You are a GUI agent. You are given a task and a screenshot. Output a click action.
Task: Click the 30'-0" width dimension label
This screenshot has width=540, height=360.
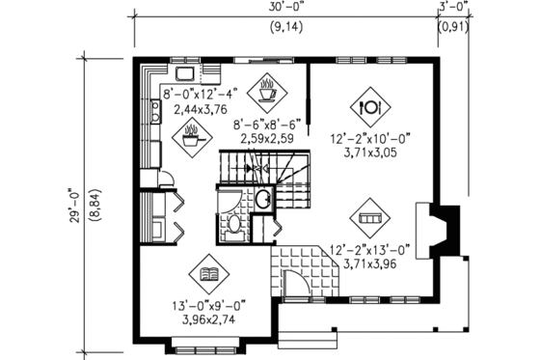[x=285, y=9]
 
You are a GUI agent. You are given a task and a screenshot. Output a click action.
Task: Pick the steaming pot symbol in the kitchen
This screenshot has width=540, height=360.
[x=192, y=136]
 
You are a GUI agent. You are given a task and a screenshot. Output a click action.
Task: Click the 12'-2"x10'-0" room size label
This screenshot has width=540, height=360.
[x=370, y=141]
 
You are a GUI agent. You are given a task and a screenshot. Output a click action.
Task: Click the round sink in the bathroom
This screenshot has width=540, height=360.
[x=262, y=200]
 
